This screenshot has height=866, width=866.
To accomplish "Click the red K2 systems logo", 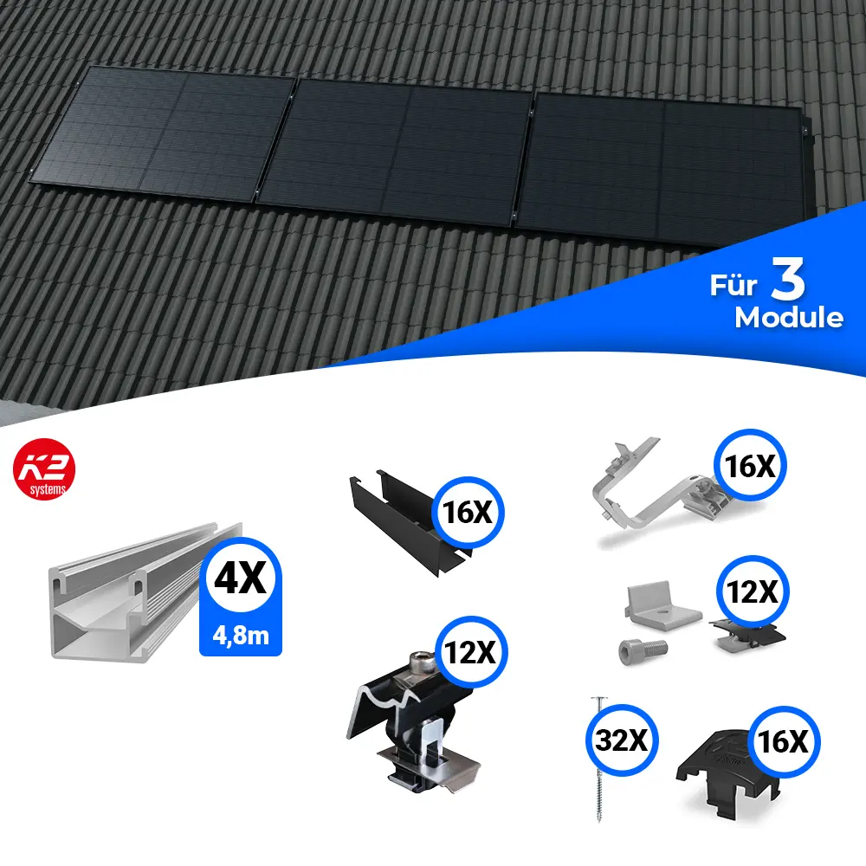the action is (x=44, y=469).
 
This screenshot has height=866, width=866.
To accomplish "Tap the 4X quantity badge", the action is (x=241, y=577).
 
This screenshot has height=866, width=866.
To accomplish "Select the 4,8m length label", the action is (x=241, y=636).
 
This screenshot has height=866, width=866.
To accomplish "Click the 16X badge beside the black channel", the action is (x=468, y=512).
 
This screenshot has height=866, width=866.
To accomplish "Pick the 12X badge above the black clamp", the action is (x=470, y=652).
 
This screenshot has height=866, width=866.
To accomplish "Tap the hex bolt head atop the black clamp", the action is (x=423, y=661).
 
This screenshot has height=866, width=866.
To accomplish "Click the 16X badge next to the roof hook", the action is (x=749, y=466).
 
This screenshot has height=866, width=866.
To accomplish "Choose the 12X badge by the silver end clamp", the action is (x=753, y=591).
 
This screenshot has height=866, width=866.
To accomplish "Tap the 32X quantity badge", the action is (x=621, y=740).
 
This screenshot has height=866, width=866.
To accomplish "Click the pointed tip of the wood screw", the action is (x=599, y=821).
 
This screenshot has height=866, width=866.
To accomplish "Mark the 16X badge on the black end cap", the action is (x=784, y=742).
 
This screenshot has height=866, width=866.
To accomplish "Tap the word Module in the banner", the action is (x=789, y=318).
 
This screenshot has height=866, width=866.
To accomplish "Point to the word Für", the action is (x=733, y=284).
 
